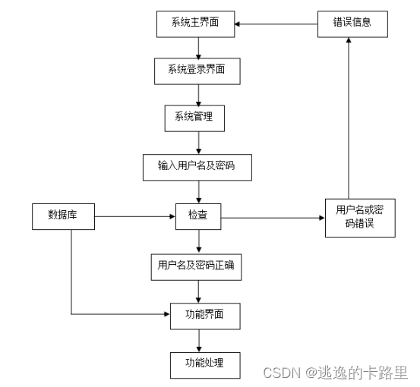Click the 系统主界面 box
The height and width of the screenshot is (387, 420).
click(198, 24)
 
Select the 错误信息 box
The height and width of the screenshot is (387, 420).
click(348, 23)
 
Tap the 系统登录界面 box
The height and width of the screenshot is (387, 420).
click(198, 71)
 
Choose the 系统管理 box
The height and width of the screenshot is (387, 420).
click(198, 118)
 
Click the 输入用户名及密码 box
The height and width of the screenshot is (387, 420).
click(198, 166)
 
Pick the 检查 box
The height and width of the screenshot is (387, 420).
click(198, 217)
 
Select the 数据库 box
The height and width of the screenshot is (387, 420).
click(64, 217)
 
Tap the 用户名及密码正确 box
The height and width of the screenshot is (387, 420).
click(198, 266)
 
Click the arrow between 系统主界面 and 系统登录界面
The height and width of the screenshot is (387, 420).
click(198, 48)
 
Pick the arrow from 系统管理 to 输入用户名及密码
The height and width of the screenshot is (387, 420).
click(198, 142)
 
